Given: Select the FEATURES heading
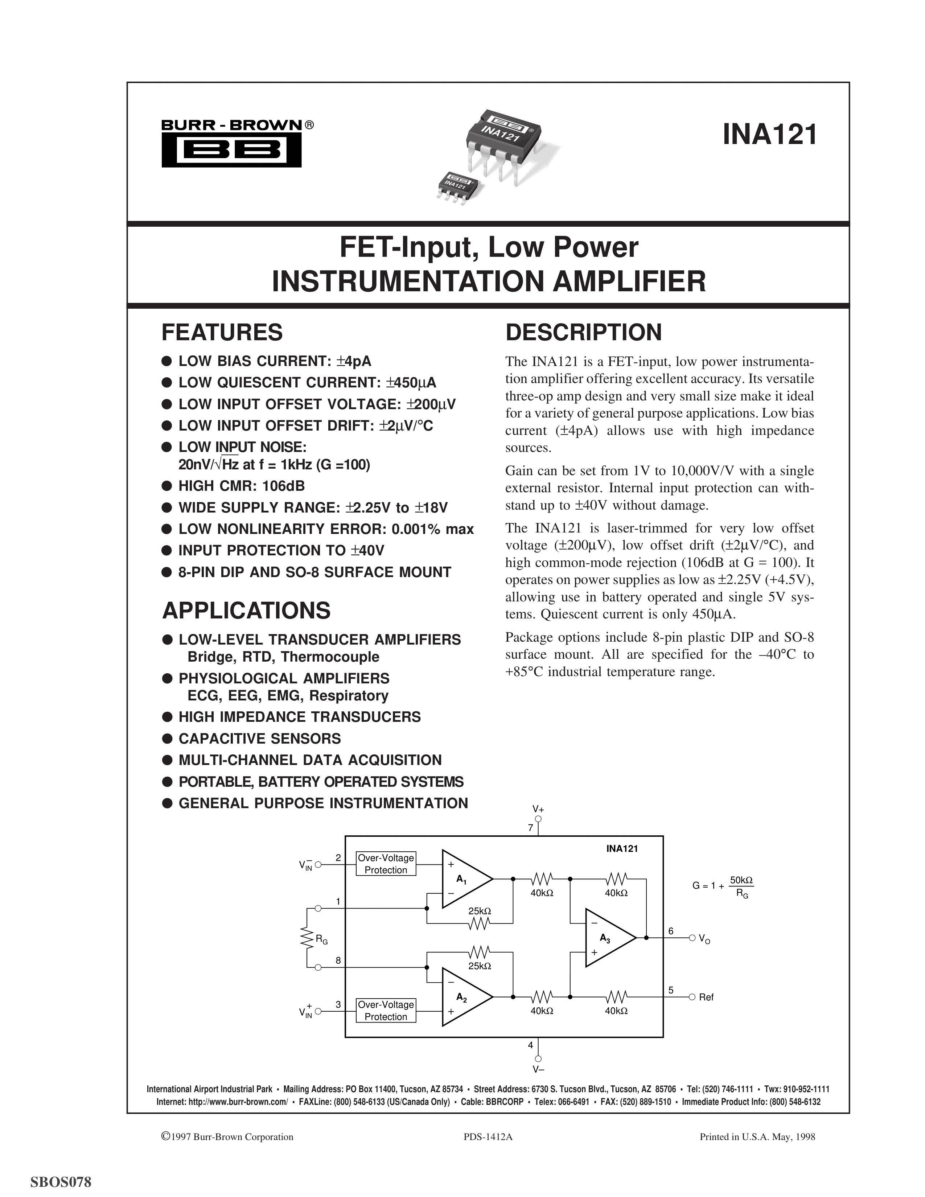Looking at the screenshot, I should [x=222, y=333].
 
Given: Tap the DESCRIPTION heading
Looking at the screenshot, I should [x=584, y=333].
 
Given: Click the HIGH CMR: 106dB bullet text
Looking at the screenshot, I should [x=241, y=486].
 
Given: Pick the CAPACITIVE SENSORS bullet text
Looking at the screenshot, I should [x=259, y=738].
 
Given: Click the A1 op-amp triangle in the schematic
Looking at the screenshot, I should [x=465, y=879].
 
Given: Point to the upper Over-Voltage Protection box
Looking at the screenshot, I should [x=386, y=864].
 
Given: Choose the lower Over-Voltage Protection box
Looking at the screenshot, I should [x=386, y=1010].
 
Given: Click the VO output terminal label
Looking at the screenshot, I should [x=704, y=939].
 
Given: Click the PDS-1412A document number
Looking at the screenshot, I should [x=488, y=1137].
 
